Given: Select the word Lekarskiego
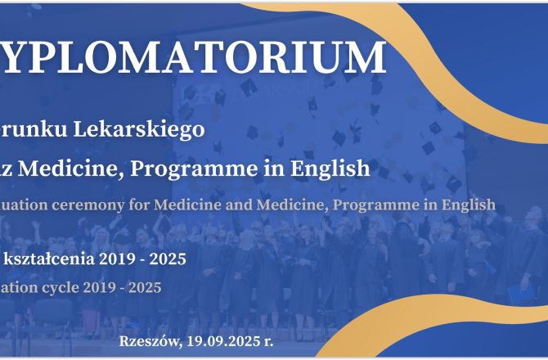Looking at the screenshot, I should pos(146,130).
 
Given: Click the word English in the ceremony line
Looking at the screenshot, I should pos(466,204).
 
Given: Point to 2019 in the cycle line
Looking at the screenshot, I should pos(104,287).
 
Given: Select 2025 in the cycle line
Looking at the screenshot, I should pos(145,287).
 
